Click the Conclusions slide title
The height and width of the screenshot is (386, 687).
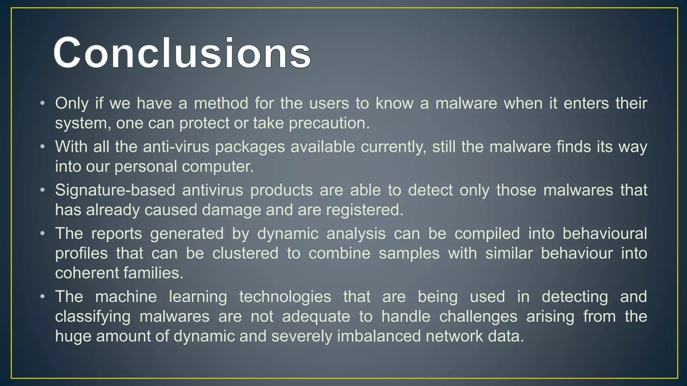[182, 53]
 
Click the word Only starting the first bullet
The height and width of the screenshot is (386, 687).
[72, 103]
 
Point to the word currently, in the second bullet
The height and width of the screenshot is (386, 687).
[393, 147]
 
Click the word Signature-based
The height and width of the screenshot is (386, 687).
[115, 190]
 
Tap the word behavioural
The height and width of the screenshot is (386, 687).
[604, 234]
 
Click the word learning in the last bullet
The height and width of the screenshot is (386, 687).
[198, 297]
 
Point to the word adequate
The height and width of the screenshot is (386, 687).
[316, 317]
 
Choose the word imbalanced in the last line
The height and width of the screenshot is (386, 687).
[379, 336]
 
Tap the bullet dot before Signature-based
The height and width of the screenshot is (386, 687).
[42, 190]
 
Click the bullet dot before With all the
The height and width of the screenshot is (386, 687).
[42, 147]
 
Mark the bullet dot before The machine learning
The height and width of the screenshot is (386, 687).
[42, 297]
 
